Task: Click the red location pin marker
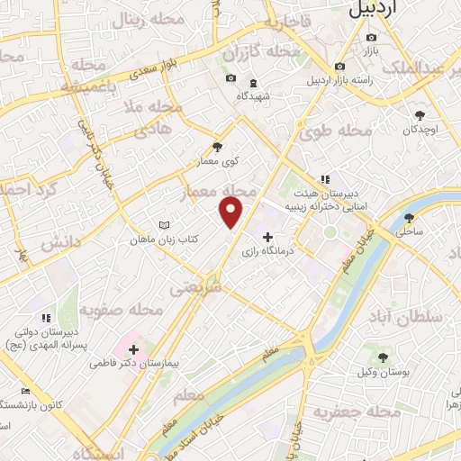click(231, 212)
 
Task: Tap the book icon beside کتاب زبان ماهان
click(163, 224)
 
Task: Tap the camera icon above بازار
click(372, 38)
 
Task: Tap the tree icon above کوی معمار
click(215, 147)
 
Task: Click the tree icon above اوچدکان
click(420, 114)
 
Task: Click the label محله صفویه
click(121, 309)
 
